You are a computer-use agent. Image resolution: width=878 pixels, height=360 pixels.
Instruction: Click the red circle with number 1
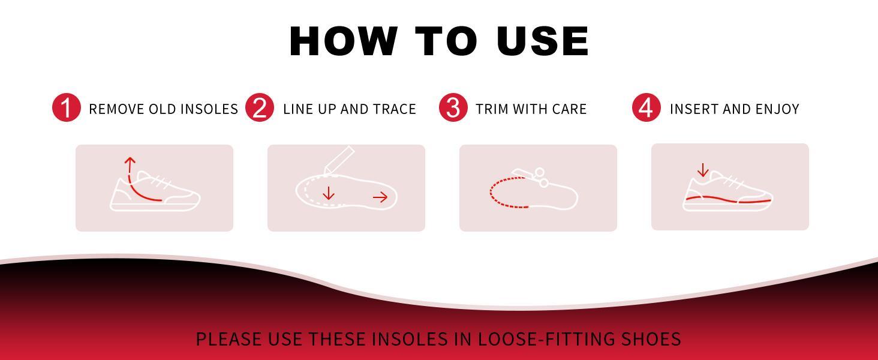[x=67, y=108]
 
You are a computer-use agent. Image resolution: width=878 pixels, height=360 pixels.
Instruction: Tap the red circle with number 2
[x=260, y=108]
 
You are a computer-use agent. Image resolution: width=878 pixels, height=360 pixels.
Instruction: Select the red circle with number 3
[x=453, y=108]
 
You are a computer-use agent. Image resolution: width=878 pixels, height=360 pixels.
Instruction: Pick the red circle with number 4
[x=646, y=108]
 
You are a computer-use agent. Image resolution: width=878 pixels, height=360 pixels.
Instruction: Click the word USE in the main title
[x=543, y=41]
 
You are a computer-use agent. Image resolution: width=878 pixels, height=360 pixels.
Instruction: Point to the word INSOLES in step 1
[x=209, y=109]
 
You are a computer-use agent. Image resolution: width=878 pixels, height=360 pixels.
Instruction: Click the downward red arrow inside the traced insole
[x=328, y=193]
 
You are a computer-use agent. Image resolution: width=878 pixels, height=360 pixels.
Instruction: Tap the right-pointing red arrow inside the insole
[x=380, y=197]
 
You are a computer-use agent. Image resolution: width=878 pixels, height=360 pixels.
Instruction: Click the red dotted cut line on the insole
[x=498, y=195]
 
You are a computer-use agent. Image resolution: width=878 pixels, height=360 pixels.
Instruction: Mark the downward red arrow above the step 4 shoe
[x=703, y=171]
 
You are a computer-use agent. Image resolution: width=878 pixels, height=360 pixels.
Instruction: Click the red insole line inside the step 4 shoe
[x=728, y=199]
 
